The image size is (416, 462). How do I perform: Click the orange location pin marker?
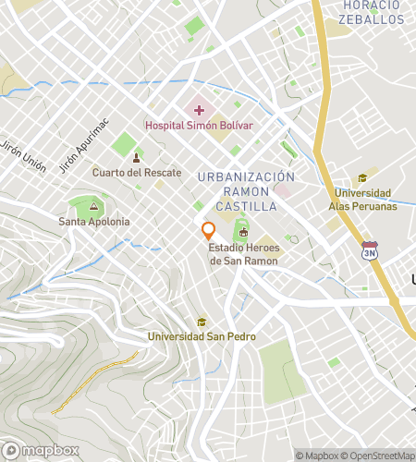tap(209, 231)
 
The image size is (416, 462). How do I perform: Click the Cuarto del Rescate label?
tap(137, 173)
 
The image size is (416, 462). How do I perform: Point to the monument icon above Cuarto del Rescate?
tap(137, 158)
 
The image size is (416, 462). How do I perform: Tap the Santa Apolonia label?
tap(94, 222)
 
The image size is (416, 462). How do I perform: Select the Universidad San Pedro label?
tap(202, 336)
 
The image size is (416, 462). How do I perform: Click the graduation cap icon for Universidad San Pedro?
tap(202, 322)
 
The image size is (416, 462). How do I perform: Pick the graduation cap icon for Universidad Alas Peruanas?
tap(362, 179)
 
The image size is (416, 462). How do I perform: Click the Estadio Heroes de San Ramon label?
tap(244, 255)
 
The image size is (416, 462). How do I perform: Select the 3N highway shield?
tap(370, 250)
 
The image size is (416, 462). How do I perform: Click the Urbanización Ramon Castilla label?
tap(246, 190)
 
